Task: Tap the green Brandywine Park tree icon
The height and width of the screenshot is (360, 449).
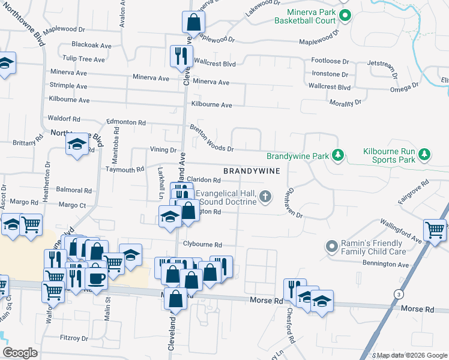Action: click(x=339, y=156)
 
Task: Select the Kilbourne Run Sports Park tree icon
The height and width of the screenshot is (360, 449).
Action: click(x=424, y=155)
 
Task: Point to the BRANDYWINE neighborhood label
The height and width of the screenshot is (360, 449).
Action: click(x=252, y=172)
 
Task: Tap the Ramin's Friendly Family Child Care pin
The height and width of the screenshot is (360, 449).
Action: click(x=331, y=247)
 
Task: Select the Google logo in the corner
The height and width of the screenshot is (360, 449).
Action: click(x=20, y=353)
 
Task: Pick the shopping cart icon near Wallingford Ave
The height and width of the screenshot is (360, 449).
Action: click(x=435, y=229)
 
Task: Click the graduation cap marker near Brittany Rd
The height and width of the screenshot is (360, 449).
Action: click(x=77, y=144)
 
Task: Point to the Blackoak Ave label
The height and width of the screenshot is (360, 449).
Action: click(x=92, y=45)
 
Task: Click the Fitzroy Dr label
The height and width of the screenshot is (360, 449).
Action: click(x=74, y=338)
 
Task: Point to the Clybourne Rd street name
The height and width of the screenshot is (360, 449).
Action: click(x=203, y=245)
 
